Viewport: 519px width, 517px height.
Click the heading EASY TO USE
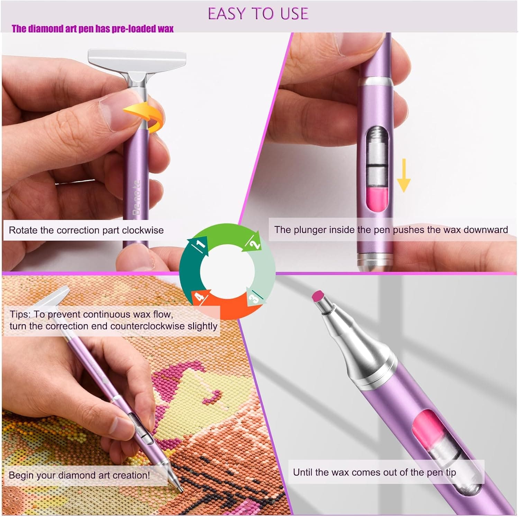258,14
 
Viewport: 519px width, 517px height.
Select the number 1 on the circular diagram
200,244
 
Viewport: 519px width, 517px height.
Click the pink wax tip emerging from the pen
318,296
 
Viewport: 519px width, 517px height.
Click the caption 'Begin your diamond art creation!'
79,475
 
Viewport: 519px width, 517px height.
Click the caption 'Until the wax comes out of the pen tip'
374,472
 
